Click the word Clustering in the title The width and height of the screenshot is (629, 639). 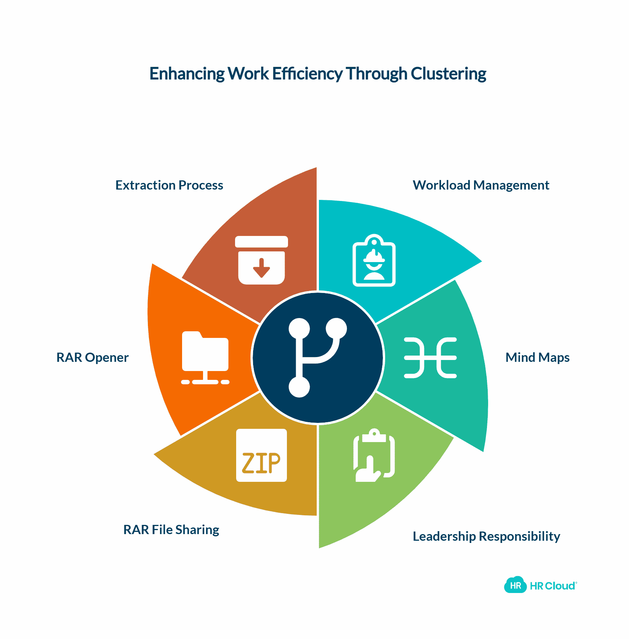tap(448, 74)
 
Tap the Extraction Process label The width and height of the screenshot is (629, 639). tap(169, 185)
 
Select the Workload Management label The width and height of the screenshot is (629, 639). tap(481, 186)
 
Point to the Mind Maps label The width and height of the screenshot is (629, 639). tap(537, 357)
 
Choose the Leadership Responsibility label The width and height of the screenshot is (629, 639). tap(486, 536)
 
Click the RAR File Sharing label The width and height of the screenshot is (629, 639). tap(171, 530)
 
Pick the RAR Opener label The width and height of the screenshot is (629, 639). tap(92, 357)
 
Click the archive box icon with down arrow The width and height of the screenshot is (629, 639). tap(262, 260)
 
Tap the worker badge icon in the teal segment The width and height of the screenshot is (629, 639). tap(374, 260)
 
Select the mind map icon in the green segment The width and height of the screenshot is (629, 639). tap(430, 358)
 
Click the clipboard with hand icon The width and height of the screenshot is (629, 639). tap(374, 455)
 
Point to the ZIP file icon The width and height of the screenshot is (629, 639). tap(262, 455)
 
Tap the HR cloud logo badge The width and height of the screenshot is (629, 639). tap(515, 585)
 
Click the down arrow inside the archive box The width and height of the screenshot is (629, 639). tap(262, 268)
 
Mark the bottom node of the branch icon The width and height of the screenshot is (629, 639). tap(299, 387)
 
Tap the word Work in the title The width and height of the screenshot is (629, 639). tap(248, 74)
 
